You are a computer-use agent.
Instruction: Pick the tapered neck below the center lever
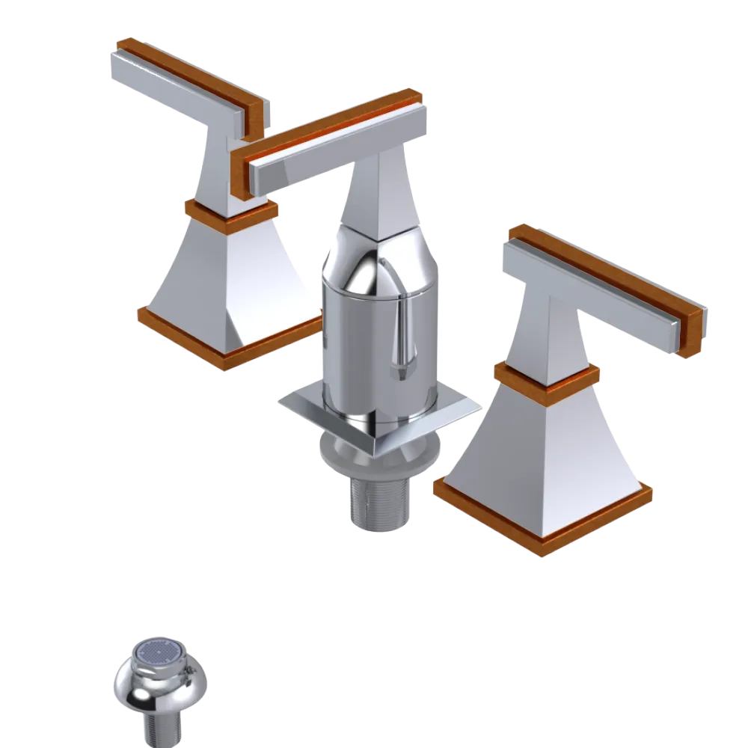(x=378, y=194)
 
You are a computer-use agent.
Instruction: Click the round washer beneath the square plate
(x=337, y=453)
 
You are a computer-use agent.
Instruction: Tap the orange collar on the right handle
(x=546, y=378)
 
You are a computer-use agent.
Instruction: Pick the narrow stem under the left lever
(x=224, y=165)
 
